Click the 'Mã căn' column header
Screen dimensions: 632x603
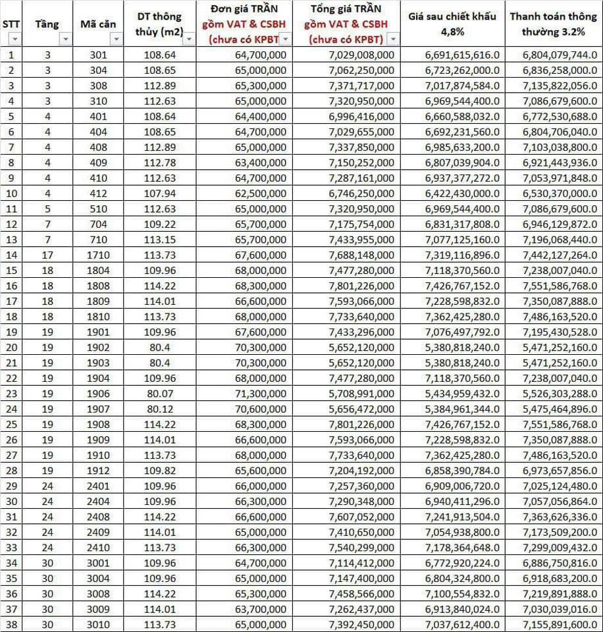[98, 24]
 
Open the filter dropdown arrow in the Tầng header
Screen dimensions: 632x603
[65, 39]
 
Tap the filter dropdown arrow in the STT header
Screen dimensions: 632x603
[14, 39]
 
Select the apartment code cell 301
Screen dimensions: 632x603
[98, 55]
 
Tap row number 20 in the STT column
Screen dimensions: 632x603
[11, 347]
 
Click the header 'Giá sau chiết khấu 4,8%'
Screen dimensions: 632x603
[452, 24]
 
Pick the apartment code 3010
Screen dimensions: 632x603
[98, 624]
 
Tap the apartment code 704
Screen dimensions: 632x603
[98, 224]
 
